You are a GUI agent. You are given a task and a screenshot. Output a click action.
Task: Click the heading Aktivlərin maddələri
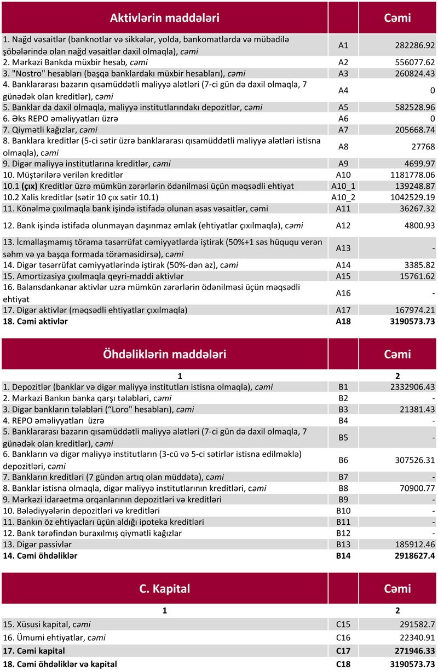[x=165, y=18]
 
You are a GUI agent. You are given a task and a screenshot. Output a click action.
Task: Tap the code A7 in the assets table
[x=343, y=130]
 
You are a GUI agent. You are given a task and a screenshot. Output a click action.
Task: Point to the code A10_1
[x=343, y=186]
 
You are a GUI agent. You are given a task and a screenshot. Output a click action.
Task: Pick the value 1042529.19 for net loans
[x=410, y=197]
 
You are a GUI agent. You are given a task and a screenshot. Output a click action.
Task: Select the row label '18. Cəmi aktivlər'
[x=36, y=322]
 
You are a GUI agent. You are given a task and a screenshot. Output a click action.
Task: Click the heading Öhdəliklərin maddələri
[x=165, y=354]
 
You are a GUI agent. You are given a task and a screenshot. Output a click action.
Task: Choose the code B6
[x=343, y=460]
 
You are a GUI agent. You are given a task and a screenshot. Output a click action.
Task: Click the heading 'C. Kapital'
[x=165, y=589]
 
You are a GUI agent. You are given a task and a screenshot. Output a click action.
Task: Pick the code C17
[x=343, y=651]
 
